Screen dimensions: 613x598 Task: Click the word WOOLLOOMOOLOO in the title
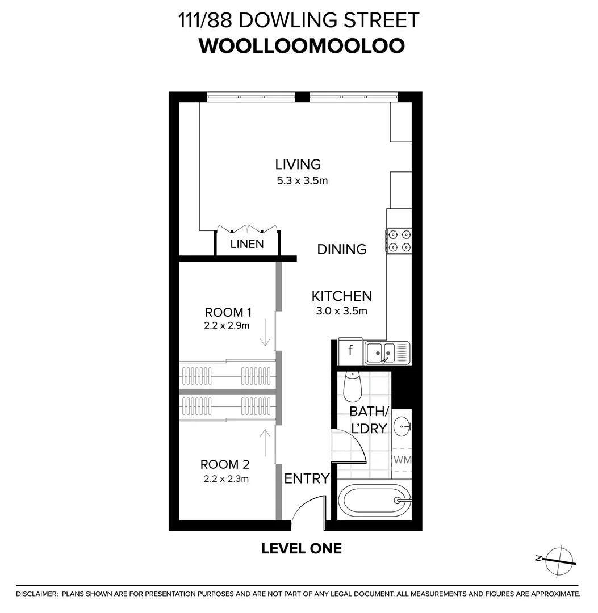[302, 45]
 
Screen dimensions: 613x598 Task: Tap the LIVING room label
[298, 165]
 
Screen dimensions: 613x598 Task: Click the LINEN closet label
[247, 244]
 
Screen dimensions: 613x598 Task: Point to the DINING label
[341, 249]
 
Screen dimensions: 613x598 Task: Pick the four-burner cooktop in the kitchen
[399, 240]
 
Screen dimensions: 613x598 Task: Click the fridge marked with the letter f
[350, 351]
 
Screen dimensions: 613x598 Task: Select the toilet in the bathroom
[353, 386]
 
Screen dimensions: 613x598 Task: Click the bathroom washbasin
[403, 425]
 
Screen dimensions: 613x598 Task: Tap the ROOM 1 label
[228, 312]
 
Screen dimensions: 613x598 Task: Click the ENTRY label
[307, 478]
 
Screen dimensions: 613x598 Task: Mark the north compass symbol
[559, 560]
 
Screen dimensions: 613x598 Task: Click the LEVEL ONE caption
[302, 548]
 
